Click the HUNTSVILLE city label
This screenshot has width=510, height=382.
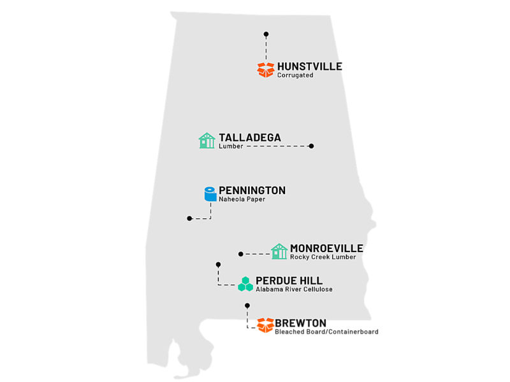[310, 66]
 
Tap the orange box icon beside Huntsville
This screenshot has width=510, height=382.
[266, 69]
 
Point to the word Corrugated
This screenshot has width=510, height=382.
[295, 76]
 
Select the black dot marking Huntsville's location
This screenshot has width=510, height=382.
[266, 34]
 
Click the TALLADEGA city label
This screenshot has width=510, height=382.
[250, 138]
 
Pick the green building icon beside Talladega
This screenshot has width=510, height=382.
[207, 141]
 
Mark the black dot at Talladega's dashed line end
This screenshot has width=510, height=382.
[311, 146]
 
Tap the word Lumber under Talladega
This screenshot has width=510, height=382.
[230, 146]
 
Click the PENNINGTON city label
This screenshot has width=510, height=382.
[252, 190]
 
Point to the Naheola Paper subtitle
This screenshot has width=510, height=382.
[242, 199]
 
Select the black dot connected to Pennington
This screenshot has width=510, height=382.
[189, 218]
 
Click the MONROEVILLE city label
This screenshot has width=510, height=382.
[326, 248]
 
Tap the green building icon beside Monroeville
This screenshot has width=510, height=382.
[279, 251]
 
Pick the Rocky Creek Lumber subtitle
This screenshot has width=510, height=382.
[323, 257]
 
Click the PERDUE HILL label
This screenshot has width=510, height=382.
[289, 281]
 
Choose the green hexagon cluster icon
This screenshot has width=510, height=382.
[245, 284]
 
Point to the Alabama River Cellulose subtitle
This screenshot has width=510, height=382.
[294, 290]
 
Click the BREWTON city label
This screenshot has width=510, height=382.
[300, 323]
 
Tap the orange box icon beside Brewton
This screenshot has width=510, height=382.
[265, 325]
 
